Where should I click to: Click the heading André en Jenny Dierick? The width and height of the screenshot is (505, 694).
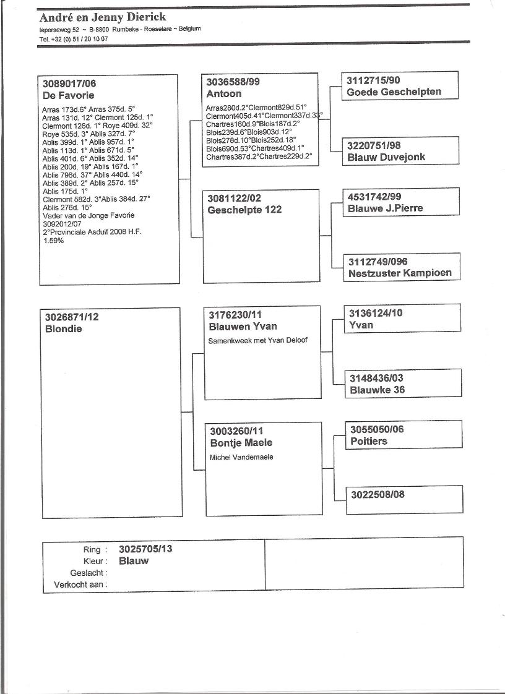point(103,17)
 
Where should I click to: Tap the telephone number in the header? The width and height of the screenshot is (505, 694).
point(74,38)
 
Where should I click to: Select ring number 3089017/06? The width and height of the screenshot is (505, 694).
point(69,84)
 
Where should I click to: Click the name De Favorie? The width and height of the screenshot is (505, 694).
point(68,96)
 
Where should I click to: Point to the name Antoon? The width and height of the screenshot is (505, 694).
point(224,94)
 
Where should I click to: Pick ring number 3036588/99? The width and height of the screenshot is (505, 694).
point(233,82)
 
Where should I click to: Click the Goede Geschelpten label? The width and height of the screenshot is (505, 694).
point(394,92)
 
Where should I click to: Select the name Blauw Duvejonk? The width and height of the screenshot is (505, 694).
point(387,157)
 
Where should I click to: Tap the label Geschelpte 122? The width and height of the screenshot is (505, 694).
point(244,210)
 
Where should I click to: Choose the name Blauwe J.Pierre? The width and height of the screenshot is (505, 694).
point(385,208)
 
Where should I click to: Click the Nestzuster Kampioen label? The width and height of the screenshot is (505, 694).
point(400,273)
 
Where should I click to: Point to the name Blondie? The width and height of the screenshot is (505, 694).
point(63,329)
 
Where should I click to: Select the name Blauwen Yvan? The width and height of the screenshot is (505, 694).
point(243,327)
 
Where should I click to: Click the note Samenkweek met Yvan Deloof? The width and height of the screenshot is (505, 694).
point(258,340)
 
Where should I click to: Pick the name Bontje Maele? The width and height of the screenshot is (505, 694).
point(241,443)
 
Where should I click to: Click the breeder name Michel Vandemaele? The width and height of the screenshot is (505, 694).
point(241,457)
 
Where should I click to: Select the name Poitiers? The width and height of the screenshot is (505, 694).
point(369,441)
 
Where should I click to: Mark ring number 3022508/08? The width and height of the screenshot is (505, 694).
point(378,494)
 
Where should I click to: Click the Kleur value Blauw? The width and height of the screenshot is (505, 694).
point(134,561)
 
